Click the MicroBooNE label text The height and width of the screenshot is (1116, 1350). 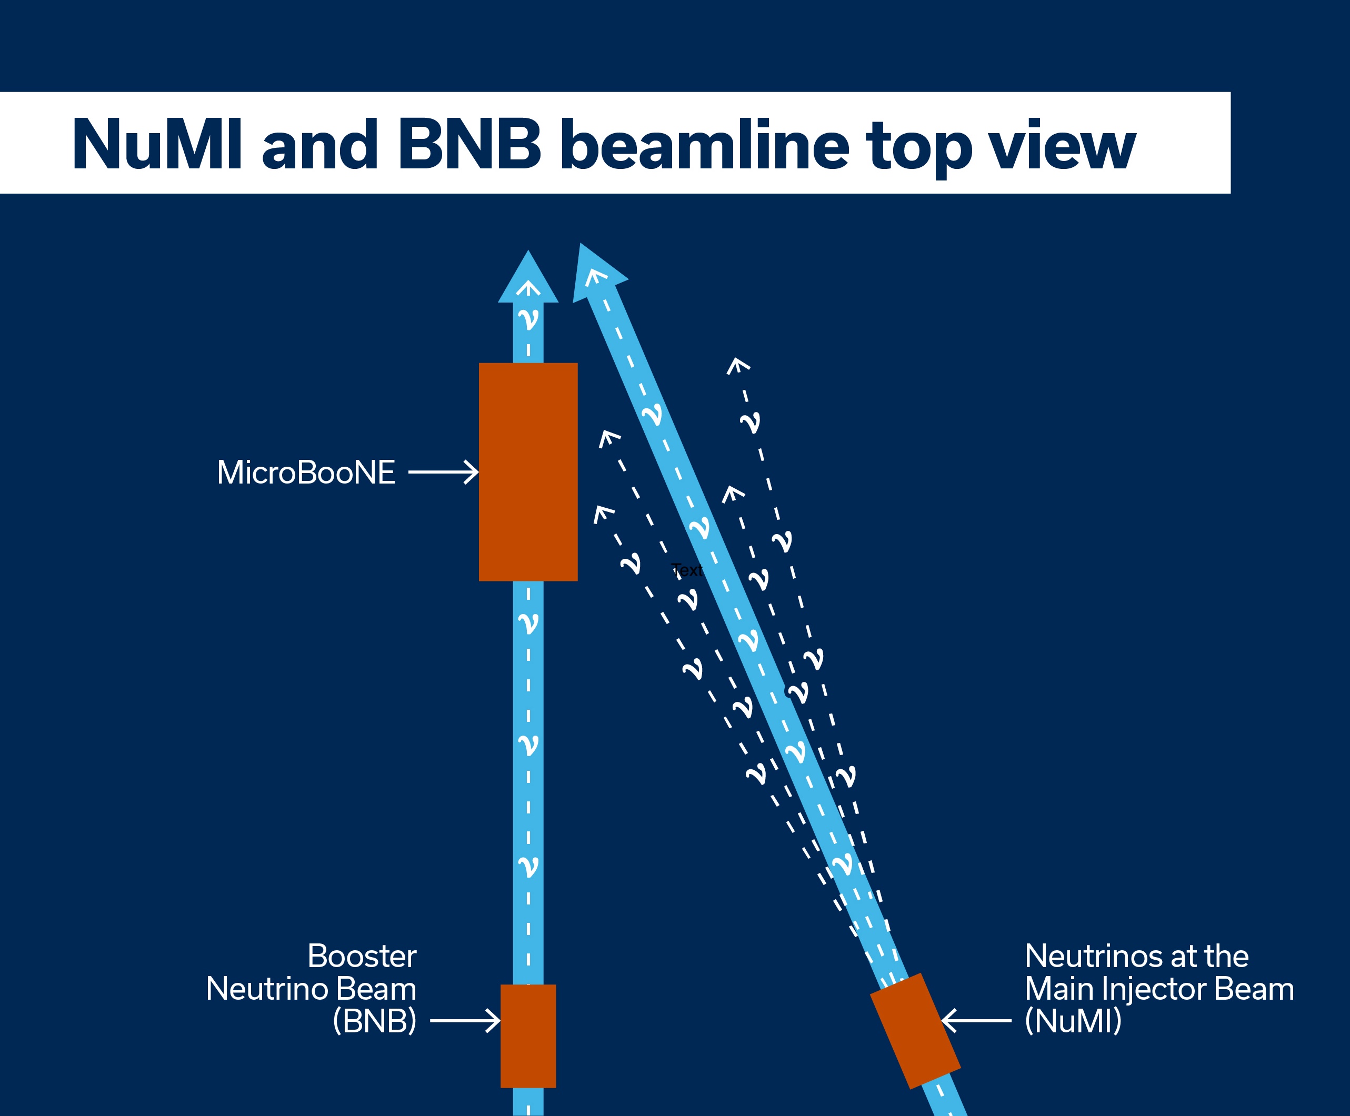coord(306,472)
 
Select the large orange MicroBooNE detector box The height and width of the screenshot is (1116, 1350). coord(528,472)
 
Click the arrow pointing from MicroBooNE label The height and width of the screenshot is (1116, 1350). coord(444,472)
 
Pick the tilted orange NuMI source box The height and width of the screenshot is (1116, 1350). coord(915,1031)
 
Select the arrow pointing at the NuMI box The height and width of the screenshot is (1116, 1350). coord(976,1020)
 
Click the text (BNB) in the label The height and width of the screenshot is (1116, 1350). coord(374,1021)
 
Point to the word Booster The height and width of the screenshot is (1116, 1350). coord(362,956)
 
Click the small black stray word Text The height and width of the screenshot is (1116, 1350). coord(686,570)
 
